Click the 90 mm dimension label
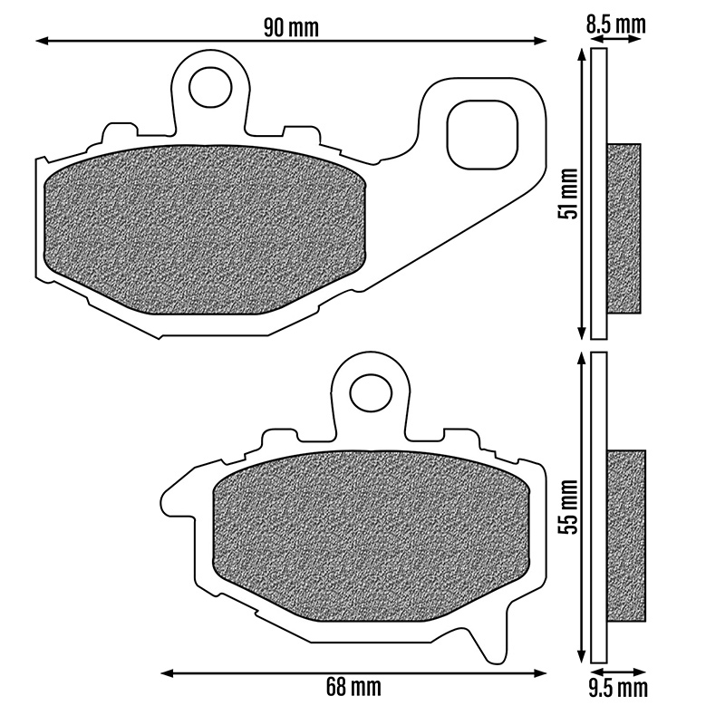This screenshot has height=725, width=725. (291, 28)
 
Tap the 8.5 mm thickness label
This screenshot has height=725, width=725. (616, 24)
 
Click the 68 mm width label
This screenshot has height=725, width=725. (353, 687)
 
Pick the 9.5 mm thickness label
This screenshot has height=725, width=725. (618, 689)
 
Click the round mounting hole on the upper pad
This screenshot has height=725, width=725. (210, 88)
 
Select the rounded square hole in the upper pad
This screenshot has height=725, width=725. (482, 134)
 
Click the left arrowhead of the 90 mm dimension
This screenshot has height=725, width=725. (42, 41)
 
